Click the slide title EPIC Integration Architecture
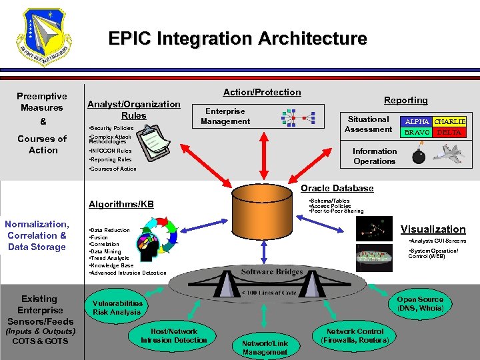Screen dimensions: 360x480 coord(237,39)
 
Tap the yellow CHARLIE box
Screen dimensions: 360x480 coord(449,122)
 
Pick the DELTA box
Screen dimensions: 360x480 coord(449,133)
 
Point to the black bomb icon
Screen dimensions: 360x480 coord(419,156)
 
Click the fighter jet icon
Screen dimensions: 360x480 coord(449,153)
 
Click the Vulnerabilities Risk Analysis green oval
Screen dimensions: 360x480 coord(117,307)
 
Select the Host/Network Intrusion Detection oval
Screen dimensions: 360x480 coord(174,336)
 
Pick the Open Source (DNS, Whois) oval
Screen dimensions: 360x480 coord(420,304)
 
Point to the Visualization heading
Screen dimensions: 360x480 coord(433,229)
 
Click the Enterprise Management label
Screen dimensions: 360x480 coord(225,116)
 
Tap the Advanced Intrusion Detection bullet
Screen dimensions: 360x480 coord(129,273)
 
